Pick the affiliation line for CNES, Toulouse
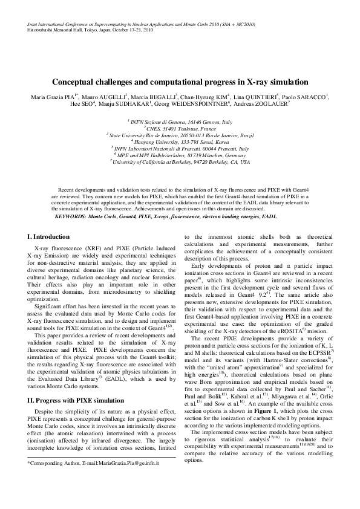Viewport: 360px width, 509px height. (x=180, y=129)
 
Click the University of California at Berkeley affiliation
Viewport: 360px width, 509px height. (x=180, y=162)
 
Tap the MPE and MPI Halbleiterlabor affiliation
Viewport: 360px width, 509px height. (x=180, y=155)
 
